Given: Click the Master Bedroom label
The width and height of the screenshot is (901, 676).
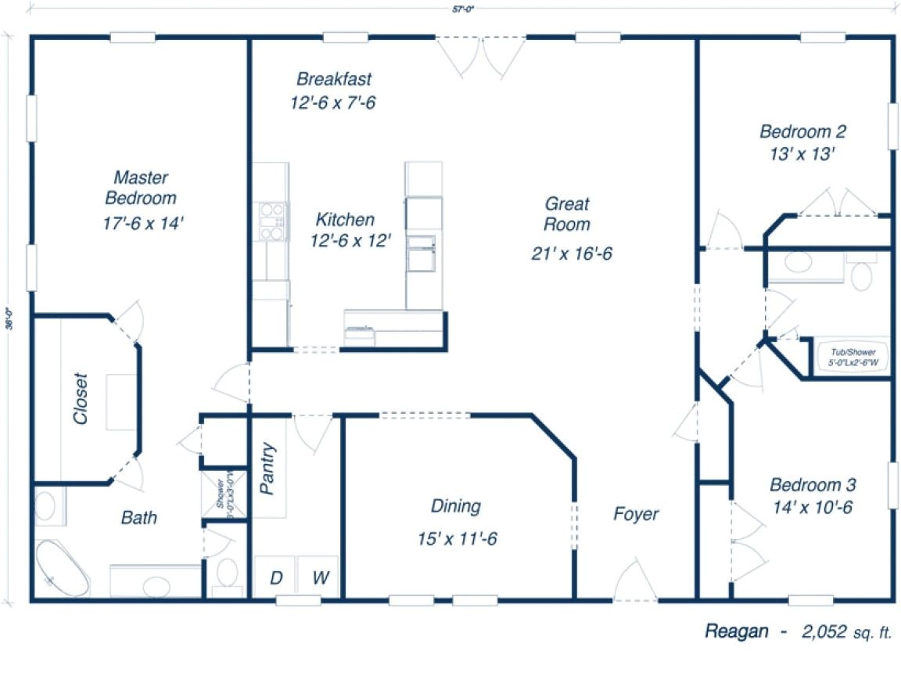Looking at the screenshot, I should tap(141, 188).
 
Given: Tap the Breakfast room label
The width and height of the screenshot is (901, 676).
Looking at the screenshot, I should tap(334, 79).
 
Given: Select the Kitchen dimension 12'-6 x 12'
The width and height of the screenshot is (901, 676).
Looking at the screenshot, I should tap(350, 240).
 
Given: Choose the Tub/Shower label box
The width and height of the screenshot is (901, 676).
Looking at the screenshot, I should tap(852, 358).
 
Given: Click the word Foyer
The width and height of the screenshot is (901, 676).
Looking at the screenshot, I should tap(635, 514).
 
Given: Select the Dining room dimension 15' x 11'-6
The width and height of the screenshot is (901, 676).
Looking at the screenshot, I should tap(458, 539).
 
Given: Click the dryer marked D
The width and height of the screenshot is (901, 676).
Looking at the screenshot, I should tap(275, 578).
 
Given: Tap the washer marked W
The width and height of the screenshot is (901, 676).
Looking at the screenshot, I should tap(320, 578).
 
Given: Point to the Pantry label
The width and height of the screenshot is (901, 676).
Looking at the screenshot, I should tap(268, 469).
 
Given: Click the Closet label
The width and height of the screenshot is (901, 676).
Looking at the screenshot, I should tap(81, 398).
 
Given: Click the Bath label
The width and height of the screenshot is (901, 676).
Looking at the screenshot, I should tap(138, 517).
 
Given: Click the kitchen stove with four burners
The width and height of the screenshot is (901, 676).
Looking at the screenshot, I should tap(271, 221).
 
